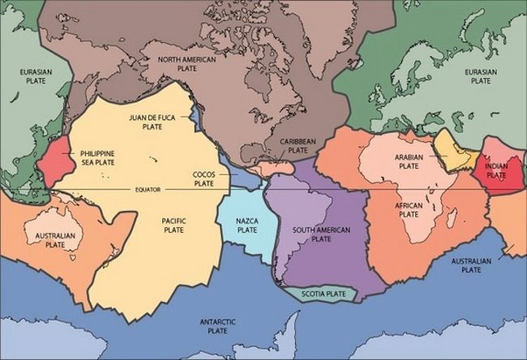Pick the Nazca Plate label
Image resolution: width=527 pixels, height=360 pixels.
click(x=246, y=225)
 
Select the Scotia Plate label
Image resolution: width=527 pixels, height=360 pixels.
click(x=318, y=293)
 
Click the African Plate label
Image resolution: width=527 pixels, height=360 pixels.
click(x=409, y=209)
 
